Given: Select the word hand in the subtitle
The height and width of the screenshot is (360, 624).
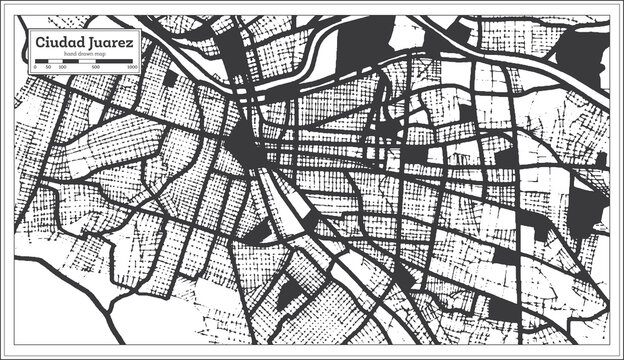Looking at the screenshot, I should point(69,55).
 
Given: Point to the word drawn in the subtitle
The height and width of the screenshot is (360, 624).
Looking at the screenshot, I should point(86,55).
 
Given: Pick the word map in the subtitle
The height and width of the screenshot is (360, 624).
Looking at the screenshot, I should point(102,55).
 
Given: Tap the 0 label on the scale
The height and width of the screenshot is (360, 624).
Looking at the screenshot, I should point(36,68).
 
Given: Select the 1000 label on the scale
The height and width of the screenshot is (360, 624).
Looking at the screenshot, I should point(131,68).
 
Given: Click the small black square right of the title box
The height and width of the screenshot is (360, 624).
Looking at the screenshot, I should point(170,78).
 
